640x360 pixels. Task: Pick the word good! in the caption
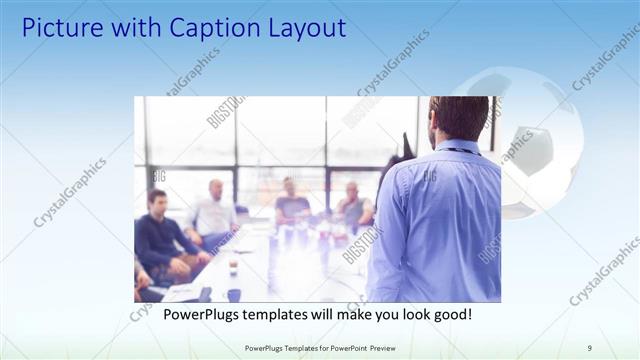tap(449, 314)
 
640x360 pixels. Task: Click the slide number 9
tap(590, 347)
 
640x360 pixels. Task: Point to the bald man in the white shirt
tap(214, 212)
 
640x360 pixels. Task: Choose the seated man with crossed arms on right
tap(353, 206)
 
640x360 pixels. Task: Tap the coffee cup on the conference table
tap(232, 267)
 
